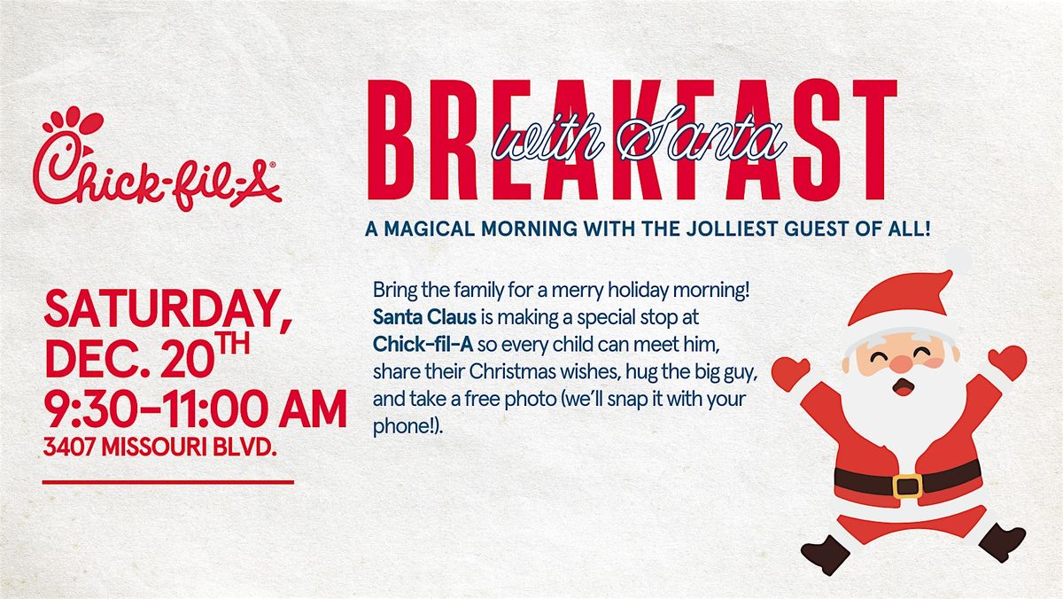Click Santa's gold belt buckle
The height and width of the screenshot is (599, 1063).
907,485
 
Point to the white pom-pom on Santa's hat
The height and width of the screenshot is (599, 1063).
957,262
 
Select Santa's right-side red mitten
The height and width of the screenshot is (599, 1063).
1009,362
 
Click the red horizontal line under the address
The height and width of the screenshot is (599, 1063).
167,483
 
